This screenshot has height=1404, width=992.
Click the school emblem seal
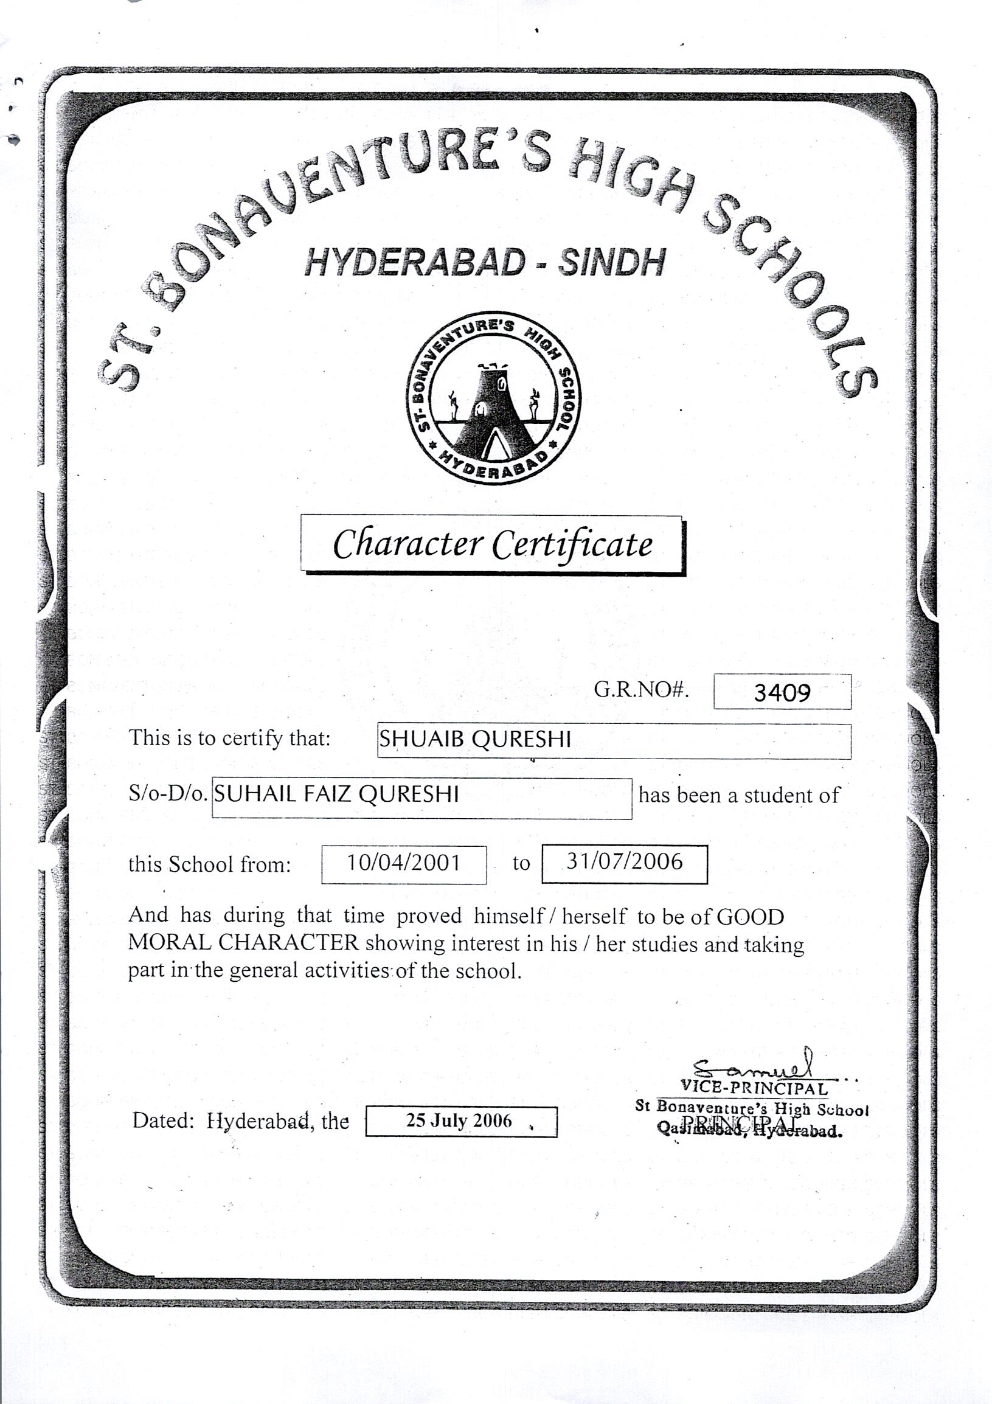point(494,400)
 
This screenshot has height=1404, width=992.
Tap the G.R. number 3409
point(782,692)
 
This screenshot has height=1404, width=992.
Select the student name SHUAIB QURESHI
point(475,740)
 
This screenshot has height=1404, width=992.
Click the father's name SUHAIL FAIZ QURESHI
point(336,794)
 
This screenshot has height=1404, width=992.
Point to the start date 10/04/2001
point(403,863)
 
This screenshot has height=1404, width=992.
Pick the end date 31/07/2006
point(623,861)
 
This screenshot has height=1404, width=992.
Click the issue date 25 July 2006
point(459,1121)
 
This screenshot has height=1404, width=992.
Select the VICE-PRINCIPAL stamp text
point(754,1089)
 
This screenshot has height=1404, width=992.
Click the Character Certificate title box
point(492,544)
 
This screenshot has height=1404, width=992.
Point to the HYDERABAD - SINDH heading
point(484,263)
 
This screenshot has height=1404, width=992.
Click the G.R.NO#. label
point(641,690)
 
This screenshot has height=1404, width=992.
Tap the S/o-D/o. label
point(167,794)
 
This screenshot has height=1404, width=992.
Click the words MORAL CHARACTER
point(243,942)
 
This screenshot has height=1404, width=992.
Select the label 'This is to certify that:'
point(229,738)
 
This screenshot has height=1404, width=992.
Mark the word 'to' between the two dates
point(521,863)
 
